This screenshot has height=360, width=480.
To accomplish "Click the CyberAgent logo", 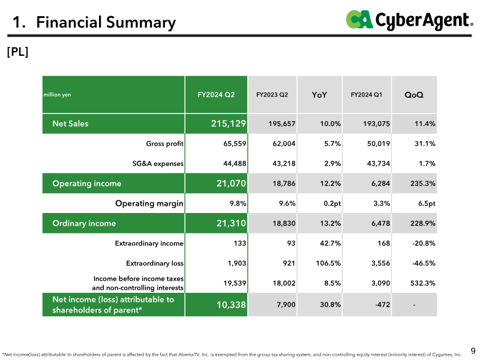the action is (x=409, y=20).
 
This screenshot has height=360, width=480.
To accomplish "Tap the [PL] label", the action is (x=17, y=52).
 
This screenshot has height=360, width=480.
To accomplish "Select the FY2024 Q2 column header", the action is (x=216, y=95).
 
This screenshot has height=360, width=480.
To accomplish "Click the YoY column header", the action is (x=319, y=95).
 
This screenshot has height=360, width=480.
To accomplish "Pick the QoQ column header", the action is (x=414, y=95).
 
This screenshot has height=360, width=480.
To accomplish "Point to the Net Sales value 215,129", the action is (x=229, y=124).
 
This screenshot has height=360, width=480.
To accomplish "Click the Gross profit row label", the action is (x=164, y=143).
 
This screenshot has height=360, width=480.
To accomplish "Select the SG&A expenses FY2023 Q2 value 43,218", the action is (x=284, y=163).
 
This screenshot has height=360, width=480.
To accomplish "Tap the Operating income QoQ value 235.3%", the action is (x=423, y=184).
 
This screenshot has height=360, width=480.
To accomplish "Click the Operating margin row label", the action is (x=149, y=203).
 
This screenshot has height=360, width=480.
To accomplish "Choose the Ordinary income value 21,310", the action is (x=231, y=223).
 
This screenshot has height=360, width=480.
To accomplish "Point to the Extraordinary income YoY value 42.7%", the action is (x=331, y=243).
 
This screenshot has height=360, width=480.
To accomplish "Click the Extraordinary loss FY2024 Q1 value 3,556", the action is (x=380, y=263).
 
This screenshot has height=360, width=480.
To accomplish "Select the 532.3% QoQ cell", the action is (x=423, y=283).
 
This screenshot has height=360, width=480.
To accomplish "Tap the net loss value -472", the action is (x=383, y=305).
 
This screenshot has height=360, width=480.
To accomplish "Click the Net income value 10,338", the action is (x=231, y=305).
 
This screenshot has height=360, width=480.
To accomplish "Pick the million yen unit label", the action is (x=57, y=95).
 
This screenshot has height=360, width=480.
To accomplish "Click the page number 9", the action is (x=473, y=350).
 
